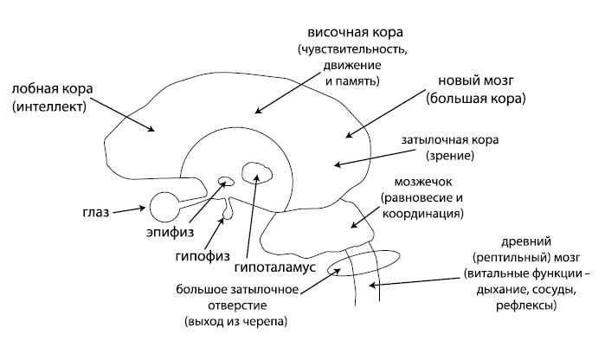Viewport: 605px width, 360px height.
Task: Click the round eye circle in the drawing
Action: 164,208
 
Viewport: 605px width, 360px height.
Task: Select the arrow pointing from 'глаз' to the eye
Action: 131,209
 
